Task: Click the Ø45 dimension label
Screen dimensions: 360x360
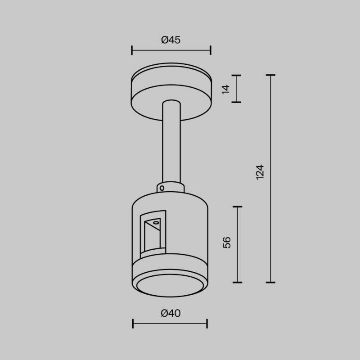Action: click(x=171, y=40)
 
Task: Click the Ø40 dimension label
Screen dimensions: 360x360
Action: click(x=171, y=313)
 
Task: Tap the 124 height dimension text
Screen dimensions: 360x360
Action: click(x=260, y=173)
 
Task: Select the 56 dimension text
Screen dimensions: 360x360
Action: click(x=227, y=242)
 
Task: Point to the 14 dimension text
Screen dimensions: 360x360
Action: click(x=226, y=89)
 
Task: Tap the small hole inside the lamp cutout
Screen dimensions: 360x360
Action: click(x=156, y=222)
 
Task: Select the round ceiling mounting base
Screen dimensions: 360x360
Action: click(x=171, y=92)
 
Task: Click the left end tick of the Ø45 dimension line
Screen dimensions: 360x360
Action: click(x=132, y=50)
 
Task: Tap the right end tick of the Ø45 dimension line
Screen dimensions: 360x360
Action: click(x=211, y=50)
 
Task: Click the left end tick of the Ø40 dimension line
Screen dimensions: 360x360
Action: click(x=133, y=323)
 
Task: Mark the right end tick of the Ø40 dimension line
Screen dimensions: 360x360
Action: click(x=207, y=323)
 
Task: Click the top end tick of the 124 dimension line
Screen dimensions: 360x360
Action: click(x=270, y=75)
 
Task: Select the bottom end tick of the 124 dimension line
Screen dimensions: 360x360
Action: click(x=270, y=283)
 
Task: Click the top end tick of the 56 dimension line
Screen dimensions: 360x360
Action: click(x=237, y=207)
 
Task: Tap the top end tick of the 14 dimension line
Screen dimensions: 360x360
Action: click(x=237, y=75)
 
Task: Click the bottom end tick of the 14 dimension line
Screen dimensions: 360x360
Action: click(x=237, y=102)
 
